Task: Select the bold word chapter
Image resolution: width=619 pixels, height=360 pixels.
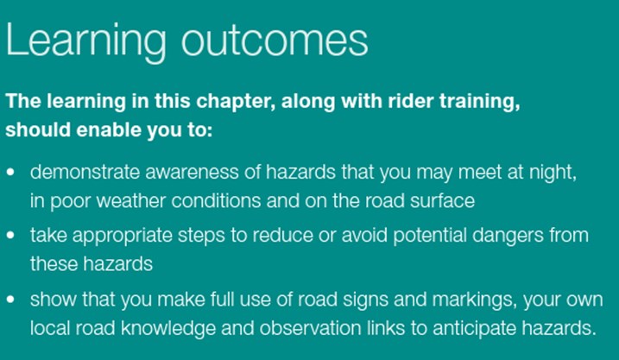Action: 236,102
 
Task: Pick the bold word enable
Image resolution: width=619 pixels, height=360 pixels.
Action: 109,129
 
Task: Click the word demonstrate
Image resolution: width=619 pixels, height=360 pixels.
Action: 85,172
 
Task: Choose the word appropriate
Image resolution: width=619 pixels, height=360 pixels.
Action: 123,237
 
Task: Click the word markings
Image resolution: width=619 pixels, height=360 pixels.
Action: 475,300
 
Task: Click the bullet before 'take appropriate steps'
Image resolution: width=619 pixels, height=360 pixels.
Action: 10,236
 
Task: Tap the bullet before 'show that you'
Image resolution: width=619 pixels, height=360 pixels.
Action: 10,300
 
